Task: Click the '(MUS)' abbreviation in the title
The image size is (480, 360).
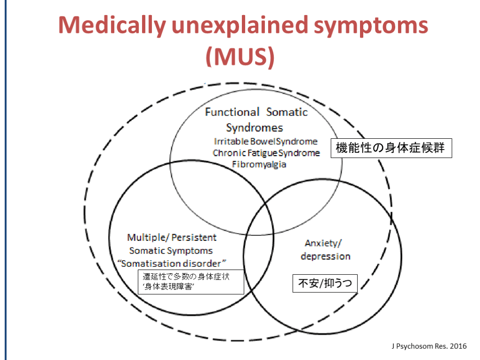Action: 240,56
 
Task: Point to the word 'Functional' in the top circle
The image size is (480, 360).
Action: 232,112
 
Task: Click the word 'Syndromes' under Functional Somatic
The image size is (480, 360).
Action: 255,127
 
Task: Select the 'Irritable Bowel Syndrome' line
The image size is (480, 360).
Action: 266,141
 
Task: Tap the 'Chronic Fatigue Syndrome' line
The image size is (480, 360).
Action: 266,153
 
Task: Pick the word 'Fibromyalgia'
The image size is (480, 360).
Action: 259,165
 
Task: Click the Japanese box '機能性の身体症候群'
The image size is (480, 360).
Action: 391,149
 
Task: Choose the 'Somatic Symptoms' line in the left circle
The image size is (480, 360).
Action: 171,251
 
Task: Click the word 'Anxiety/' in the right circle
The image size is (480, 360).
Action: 323,243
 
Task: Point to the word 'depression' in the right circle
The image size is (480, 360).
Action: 325,256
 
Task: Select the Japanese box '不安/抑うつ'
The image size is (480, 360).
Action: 325,284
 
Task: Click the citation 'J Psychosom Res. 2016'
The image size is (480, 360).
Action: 429,346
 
